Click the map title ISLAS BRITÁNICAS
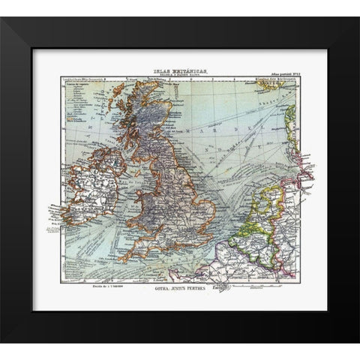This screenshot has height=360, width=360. [x=181, y=70]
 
